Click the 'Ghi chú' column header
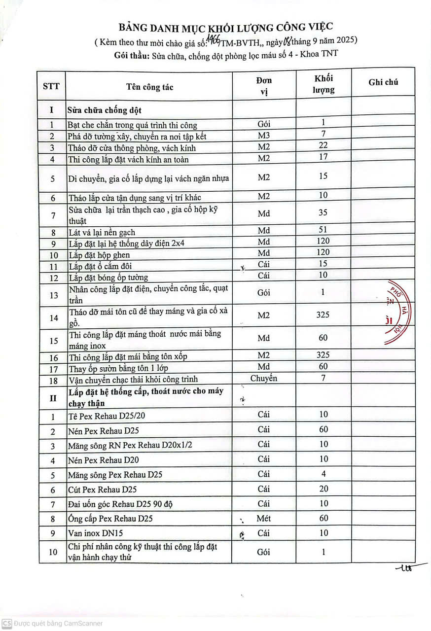[x=383, y=82]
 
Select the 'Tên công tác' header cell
[x=150, y=87]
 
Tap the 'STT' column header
[x=51, y=86]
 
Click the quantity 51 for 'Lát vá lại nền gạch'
[x=323, y=229]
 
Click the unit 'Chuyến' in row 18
[x=264, y=378]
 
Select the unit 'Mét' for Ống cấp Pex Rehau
[x=264, y=518]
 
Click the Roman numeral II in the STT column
[x=52, y=397]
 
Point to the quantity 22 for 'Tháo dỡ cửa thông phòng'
[x=323, y=145]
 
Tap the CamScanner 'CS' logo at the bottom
[x=6, y=623]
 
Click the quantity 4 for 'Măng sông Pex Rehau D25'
[x=323, y=474]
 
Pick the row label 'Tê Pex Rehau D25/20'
[x=100, y=416]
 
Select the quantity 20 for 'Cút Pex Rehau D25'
[x=323, y=489]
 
